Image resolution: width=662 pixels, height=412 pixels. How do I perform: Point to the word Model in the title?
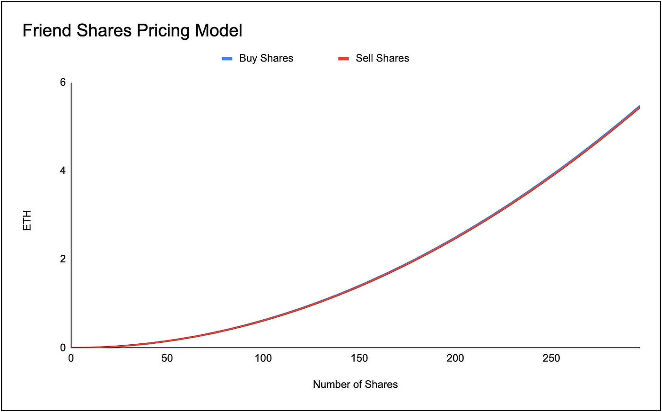(219, 31)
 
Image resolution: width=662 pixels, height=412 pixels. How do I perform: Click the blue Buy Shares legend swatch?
(227, 59)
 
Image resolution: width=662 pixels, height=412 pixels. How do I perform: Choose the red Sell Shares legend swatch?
(343, 59)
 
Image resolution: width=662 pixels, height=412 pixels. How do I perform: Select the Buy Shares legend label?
(266, 58)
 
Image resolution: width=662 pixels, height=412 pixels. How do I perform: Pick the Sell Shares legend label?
(382, 58)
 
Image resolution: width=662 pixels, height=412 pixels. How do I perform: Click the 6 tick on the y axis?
(63, 82)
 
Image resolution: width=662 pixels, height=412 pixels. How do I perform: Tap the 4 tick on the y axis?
(63, 171)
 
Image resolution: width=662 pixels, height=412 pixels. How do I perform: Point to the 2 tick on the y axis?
(63, 259)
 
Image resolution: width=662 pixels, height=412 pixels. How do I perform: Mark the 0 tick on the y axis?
(63, 348)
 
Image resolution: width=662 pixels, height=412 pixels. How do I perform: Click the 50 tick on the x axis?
(167, 358)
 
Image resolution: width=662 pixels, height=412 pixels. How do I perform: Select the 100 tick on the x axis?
(263, 358)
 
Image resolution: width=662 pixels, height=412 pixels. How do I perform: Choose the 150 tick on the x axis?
(359, 358)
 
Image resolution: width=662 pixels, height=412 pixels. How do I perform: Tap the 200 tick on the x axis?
(455, 358)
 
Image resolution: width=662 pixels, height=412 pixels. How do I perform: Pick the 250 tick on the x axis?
(551, 358)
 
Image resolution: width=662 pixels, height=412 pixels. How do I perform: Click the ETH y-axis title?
(27, 221)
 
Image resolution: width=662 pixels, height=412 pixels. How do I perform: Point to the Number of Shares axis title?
(355, 385)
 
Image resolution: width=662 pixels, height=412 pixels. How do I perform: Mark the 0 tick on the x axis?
(71, 358)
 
